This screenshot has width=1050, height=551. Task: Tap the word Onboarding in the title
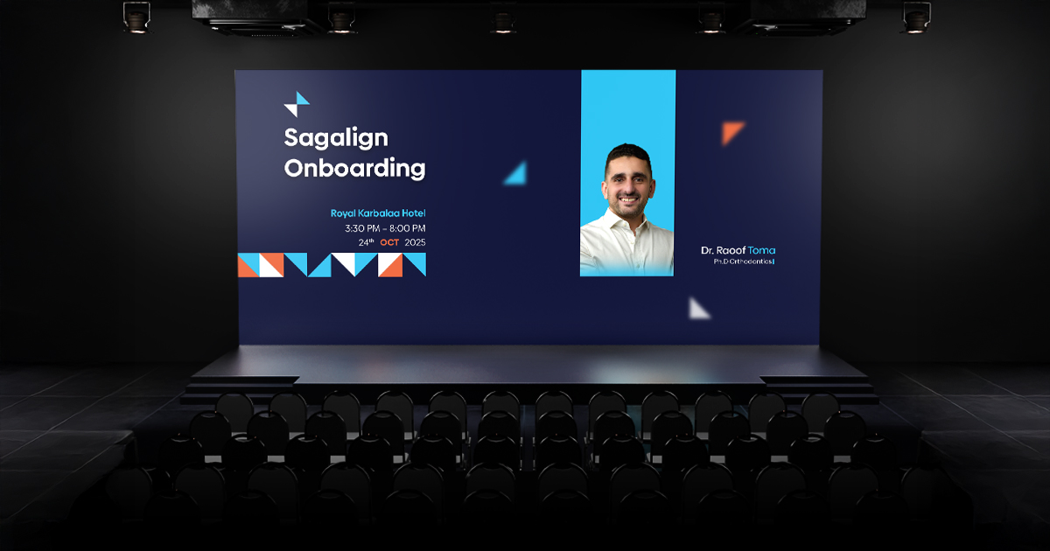tap(354, 168)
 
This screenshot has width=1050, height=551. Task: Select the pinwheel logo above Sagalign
tap(297, 104)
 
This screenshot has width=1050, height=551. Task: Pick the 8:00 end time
tap(408, 228)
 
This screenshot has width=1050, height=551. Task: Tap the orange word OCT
tap(389, 242)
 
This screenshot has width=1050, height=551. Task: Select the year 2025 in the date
tap(415, 242)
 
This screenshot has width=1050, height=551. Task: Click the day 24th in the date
tap(366, 242)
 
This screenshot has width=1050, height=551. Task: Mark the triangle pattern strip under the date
tap(332, 264)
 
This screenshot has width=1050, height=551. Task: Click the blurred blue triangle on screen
tap(515, 172)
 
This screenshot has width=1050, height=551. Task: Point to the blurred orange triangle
tap(732, 132)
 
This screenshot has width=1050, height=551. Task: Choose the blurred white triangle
tap(698, 308)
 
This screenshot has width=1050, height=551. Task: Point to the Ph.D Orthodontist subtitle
tap(738, 262)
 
